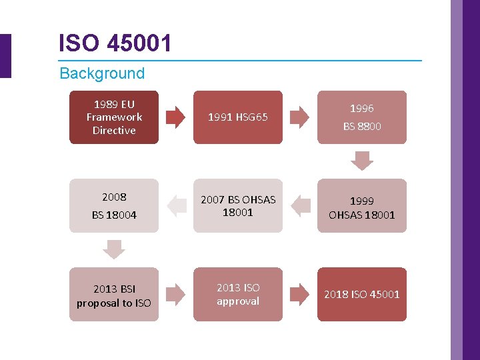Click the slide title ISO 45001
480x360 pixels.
pos(115,43)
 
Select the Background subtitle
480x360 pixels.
pos(102,73)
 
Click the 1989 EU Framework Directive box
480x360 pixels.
pos(114,117)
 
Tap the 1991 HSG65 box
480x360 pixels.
pos(238,117)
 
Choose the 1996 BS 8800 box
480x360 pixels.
pos(362,117)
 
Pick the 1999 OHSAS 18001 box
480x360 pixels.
pos(362,206)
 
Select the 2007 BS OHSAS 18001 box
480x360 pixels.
pos(238,206)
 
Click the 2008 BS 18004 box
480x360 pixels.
pos(114,206)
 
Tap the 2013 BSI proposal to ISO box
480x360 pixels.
pos(114,295)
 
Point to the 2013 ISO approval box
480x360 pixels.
pos(238,295)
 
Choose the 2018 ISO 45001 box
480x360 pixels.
pos(362,295)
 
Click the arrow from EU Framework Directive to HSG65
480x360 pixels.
pos(176,117)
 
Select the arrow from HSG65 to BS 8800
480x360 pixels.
pos(300,117)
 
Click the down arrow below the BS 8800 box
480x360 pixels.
pos(362,161)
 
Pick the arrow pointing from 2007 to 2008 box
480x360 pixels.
pos(176,206)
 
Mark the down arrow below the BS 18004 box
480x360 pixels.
pos(114,250)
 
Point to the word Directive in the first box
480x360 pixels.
pos(114,131)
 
